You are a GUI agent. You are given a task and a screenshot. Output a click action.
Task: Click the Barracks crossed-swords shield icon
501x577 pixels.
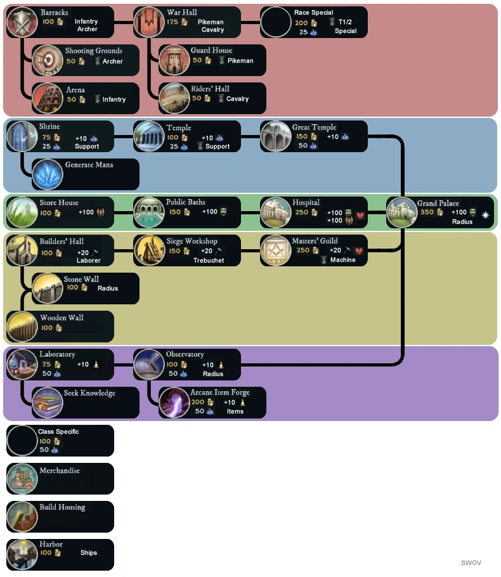pos(22,22)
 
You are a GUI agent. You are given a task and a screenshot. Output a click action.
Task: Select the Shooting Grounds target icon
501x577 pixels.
pos(48,60)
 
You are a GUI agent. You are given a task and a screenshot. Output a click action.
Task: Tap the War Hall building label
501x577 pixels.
pos(181,12)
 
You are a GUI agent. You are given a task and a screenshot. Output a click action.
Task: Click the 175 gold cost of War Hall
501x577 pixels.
pos(172,22)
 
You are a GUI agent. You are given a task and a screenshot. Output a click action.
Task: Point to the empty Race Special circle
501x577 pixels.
pos(276,22)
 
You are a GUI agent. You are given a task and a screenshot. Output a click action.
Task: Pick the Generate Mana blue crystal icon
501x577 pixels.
pos(48,174)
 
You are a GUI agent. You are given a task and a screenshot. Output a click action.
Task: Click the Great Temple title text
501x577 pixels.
pos(314,127)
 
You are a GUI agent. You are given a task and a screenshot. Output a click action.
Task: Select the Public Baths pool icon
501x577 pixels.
pos(149,212)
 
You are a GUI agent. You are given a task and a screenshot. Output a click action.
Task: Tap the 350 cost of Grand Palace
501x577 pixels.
pos(427,212)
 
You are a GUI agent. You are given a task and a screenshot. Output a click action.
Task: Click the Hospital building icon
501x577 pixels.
pos(276,212)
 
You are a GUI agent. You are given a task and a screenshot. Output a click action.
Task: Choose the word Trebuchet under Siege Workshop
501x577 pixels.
pos(209,260)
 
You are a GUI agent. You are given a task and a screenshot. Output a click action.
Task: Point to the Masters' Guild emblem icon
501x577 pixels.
pos(276,250)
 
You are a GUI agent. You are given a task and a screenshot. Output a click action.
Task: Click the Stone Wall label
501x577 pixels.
pos(81,279)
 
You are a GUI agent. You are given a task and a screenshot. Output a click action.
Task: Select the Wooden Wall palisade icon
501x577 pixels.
pos(22,327)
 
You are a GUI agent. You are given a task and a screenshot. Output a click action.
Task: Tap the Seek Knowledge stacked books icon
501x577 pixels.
pos(48,403)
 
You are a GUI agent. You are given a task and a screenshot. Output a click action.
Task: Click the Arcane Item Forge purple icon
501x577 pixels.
pos(174,403)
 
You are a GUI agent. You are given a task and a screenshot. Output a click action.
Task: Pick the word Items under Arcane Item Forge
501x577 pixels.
pos(235,411)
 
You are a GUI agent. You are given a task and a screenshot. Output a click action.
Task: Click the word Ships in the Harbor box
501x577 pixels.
pos(89,553)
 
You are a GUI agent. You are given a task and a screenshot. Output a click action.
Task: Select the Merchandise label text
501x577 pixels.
pos(60,470)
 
